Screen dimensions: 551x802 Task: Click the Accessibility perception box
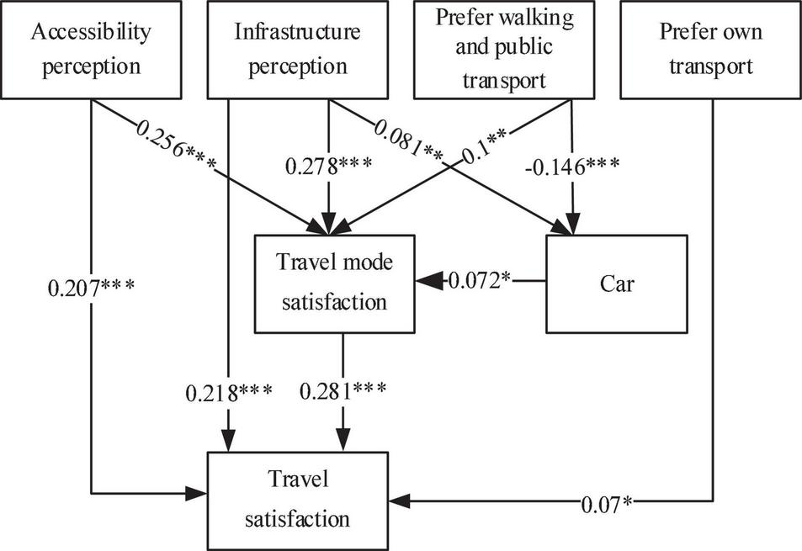point(91,49)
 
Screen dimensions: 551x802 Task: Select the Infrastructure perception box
point(295,49)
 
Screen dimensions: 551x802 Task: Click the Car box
point(618,283)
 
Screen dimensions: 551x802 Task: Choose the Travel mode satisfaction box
point(335,283)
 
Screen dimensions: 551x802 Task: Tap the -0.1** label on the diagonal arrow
point(488,141)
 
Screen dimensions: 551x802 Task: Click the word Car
point(618,283)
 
